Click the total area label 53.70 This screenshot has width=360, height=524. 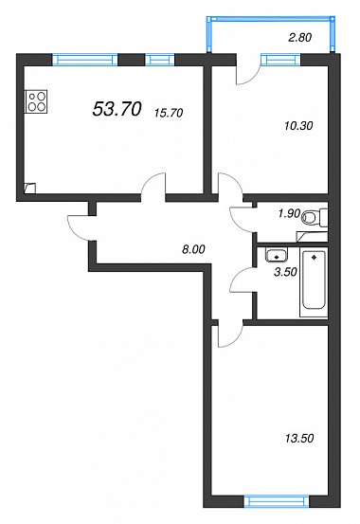click(117, 109)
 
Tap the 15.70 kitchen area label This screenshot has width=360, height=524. click(169, 113)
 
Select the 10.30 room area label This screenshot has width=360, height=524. click(298, 126)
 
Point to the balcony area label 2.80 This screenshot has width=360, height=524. click(299, 38)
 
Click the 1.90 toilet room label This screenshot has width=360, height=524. click(290, 213)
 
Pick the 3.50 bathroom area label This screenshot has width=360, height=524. click(285, 272)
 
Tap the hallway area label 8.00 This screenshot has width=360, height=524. click(193, 249)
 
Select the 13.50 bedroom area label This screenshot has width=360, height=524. click(299, 438)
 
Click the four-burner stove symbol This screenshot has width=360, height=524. click(36, 101)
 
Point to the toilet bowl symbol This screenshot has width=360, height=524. click(315, 218)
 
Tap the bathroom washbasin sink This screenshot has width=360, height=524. click(277, 255)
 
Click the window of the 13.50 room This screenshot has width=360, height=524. click(276, 501)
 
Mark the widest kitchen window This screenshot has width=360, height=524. click(85, 60)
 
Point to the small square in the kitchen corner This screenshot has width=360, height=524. click(29, 188)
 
